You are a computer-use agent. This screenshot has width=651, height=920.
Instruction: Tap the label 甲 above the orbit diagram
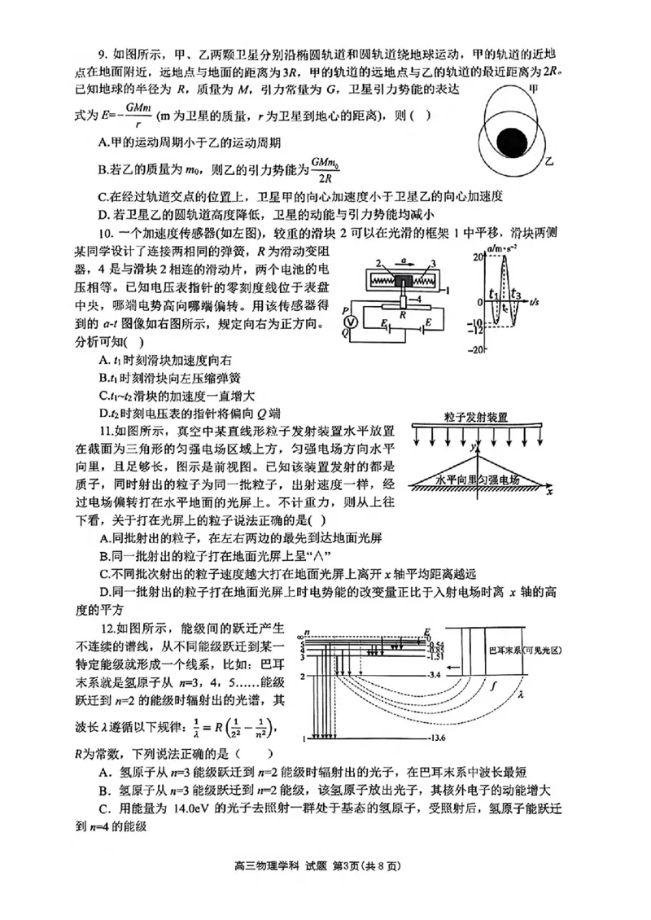[535, 87]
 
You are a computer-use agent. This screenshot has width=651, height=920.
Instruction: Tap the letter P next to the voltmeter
[346, 309]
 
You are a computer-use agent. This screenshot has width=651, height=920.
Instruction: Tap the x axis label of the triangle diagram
[550, 492]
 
